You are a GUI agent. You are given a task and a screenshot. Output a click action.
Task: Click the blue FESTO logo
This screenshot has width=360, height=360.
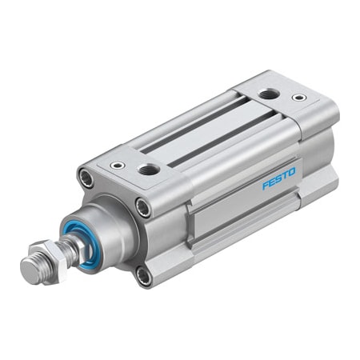tap(279, 178)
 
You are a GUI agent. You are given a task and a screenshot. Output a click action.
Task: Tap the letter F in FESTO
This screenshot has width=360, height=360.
tap(266, 186)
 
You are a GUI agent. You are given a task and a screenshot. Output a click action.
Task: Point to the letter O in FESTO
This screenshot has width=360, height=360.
tap(292, 171)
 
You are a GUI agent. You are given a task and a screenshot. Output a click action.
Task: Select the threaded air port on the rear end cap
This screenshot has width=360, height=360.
tap(268, 95)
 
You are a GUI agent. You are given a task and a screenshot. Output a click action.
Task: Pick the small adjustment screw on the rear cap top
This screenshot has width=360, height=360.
tap(299, 98)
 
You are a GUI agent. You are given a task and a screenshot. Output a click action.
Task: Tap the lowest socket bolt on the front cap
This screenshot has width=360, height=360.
tap(143, 276)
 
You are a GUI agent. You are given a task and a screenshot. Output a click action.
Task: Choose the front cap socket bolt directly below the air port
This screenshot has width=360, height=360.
tap(143, 208)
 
